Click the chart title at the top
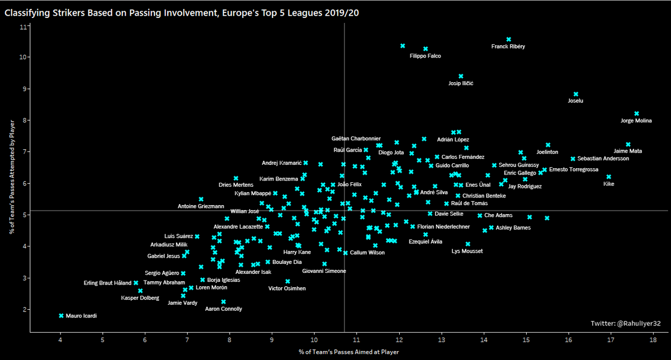pyautogui.click(x=182, y=12)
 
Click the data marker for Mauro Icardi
pyautogui.click(x=61, y=316)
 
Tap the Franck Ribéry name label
pyautogui.click(x=508, y=47)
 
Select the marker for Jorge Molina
pyautogui.click(x=636, y=113)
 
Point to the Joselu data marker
pyautogui.click(x=576, y=94)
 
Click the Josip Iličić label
pyautogui.click(x=461, y=83)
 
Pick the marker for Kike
pyautogui.click(x=609, y=177)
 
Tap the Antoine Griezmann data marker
pyautogui.click(x=201, y=199)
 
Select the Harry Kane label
pyautogui.click(x=297, y=253)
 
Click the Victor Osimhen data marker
pyautogui.click(x=287, y=282)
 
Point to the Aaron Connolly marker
pyautogui.click(x=224, y=302)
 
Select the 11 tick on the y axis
pyautogui.click(x=22, y=26)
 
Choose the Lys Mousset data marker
pyautogui.click(x=468, y=244)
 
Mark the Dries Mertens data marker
pyautogui.click(x=236, y=178)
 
